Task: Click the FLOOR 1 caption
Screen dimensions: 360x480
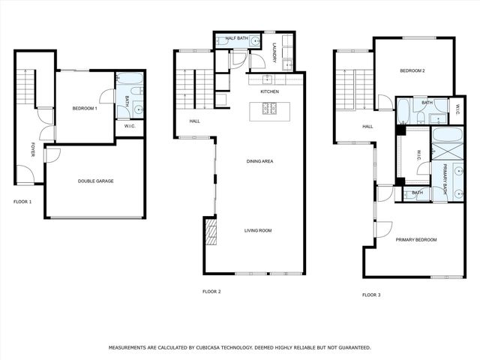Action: (x=22, y=202)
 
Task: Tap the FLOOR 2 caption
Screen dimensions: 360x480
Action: (x=211, y=291)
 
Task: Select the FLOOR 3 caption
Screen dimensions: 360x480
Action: (x=371, y=295)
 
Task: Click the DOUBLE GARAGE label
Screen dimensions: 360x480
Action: (x=95, y=181)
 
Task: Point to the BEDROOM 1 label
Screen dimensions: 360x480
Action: (x=85, y=109)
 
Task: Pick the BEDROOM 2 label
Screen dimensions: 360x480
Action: (x=412, y=71)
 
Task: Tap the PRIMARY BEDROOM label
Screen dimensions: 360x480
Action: (x=416, y=239)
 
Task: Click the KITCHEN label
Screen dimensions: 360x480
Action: (x=270, y=91)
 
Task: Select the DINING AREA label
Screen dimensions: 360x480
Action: (x=259, y=161)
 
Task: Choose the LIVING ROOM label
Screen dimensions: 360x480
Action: (x=257, y=230)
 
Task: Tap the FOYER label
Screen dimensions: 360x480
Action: (x=32, y=150)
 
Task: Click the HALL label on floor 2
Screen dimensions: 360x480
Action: (x=194, y=121)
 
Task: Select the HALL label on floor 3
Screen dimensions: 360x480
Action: (x=367, y=126)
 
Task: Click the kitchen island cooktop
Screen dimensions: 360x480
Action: (x=269, y=109)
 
